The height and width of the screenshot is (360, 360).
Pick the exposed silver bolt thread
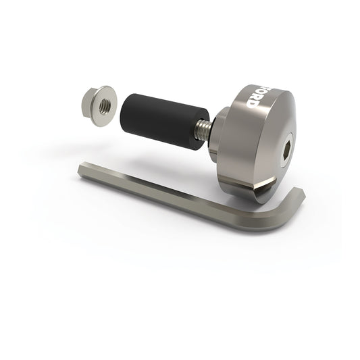tap(202, 129)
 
